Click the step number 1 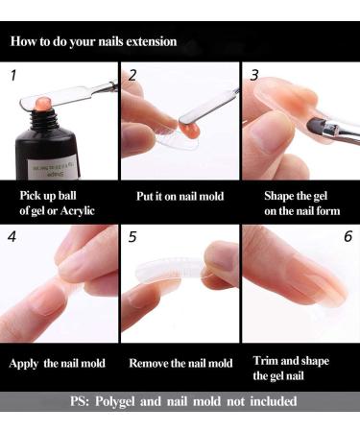13,76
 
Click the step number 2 132,75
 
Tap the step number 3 254,75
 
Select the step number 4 12,237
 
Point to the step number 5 132,237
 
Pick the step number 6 348,236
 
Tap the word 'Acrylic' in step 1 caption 78,211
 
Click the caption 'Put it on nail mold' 180,196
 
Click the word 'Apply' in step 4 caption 24,364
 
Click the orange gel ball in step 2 191,130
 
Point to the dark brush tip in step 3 316,125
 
